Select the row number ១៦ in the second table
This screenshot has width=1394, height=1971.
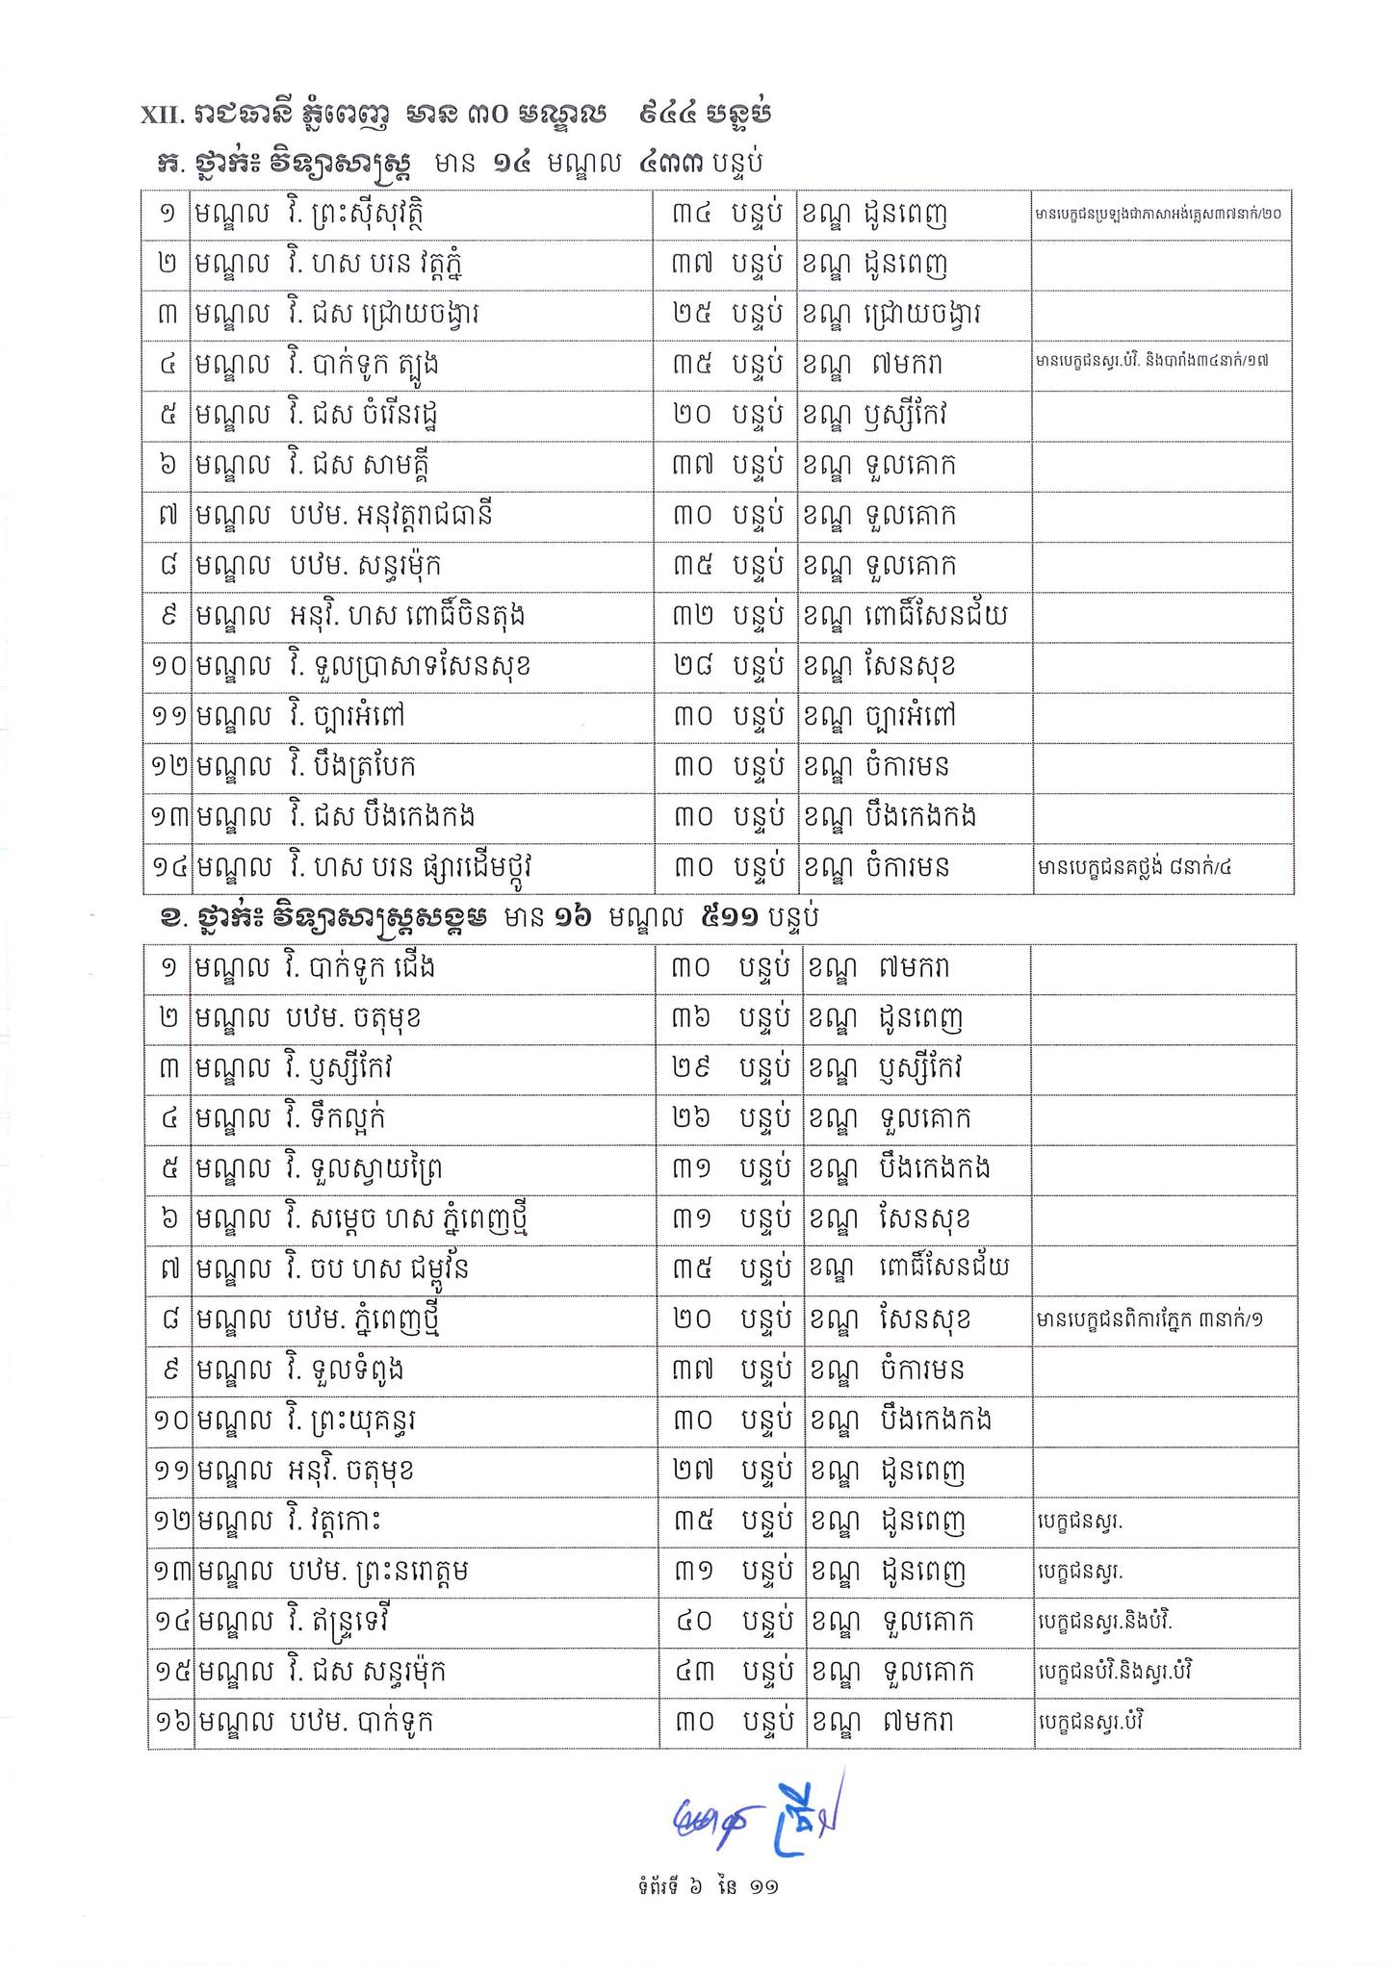169,1722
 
